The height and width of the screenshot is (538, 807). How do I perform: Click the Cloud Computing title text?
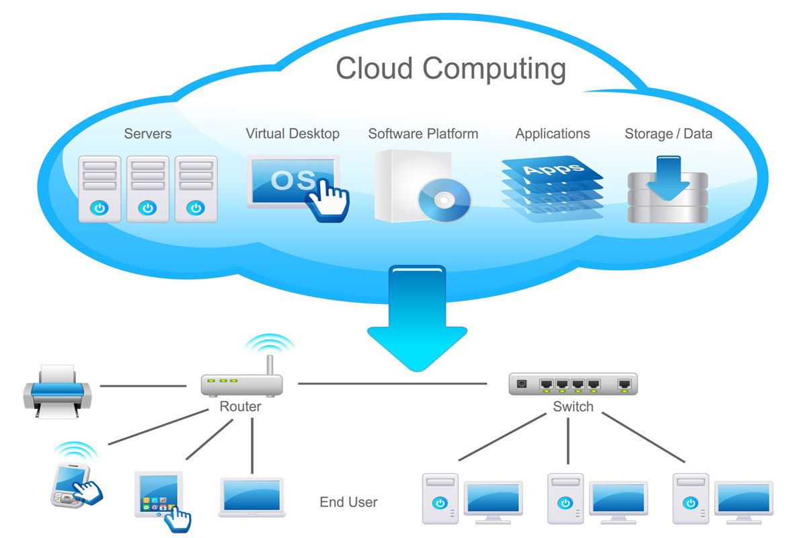[x=451, y=69]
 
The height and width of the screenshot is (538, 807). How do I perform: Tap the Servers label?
[x=148, y=133]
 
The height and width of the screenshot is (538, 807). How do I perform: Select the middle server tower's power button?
[x=148, y=208]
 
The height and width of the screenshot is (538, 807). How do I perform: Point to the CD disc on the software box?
[x=445, y=199]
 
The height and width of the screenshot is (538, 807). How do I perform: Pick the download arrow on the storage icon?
[x=668, y=177]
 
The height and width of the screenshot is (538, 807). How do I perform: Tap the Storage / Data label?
[x=668, y=133]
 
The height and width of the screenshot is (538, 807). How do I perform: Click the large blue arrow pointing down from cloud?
[x=417, y=316]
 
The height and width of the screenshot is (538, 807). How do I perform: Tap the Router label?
[x=240, y=407]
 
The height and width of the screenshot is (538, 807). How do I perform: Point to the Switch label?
[x=573, y=407]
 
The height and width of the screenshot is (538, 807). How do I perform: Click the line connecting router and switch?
[x=393, y=384]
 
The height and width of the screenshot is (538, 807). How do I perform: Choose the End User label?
[x=348, y=502]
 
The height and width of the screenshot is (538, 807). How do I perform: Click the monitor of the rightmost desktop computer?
[x=744, y=500]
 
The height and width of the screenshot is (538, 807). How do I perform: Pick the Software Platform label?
[x=423, y=133]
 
